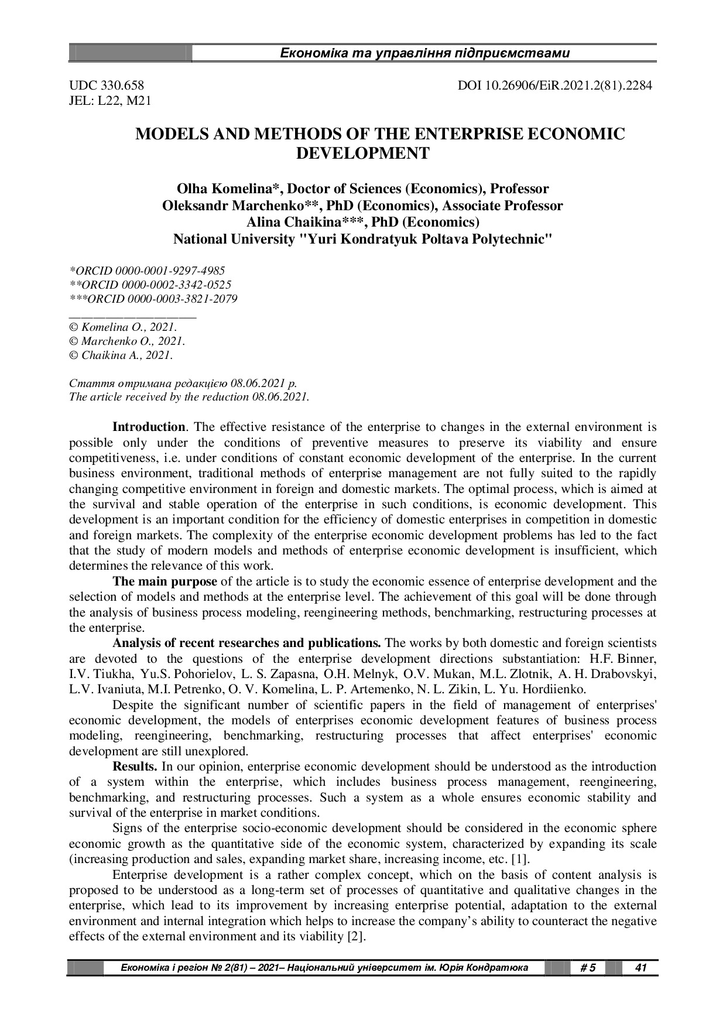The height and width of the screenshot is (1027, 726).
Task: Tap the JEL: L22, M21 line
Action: pyautogui.click(x=110, y=101)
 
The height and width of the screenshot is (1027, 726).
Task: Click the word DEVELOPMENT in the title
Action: pyautogui.click(x=363, y=154)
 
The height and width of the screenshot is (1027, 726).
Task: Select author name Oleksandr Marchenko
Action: pyautogui.click(x=232, y=206)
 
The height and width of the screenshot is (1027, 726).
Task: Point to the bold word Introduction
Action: pyautogui.click(x=149, y=427)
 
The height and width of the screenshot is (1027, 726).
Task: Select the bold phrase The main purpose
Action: pyautogui.click(x=165, y=582)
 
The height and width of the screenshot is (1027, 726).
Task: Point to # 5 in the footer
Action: pyautogui.click(x=587, y=968)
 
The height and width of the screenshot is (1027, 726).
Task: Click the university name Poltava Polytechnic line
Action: pyautogui.click(x=363, y=239)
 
